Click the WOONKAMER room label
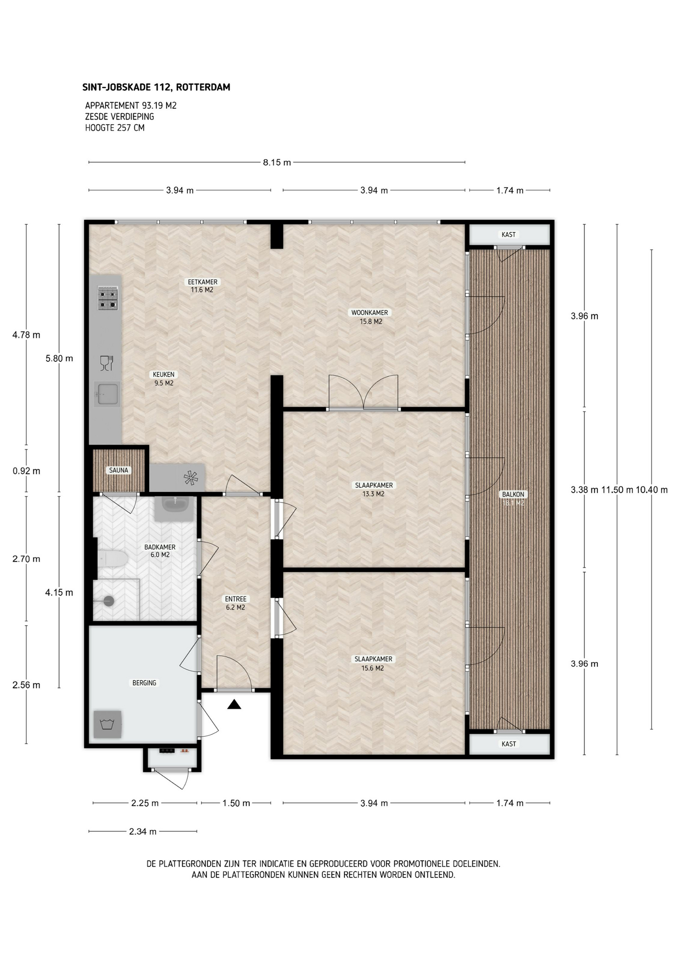[370, 313]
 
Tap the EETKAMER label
[202, 282]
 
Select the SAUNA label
[119, 470]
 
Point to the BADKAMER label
[160, 547]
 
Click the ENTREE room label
[235, 599]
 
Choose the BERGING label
[144, 683]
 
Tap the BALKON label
[513, 495]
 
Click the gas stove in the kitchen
[108, 298]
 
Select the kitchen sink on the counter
[108, 394]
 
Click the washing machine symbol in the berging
[108, 724]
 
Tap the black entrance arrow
[234, 705]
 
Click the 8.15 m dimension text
[277, 162]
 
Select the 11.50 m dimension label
[617, 490]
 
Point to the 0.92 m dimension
[27, 471]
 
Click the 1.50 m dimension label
[236, 803]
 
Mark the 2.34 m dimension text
[143, 831]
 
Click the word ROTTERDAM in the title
[203, 87]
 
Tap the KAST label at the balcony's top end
[509, 234]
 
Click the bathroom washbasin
[174, 509]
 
